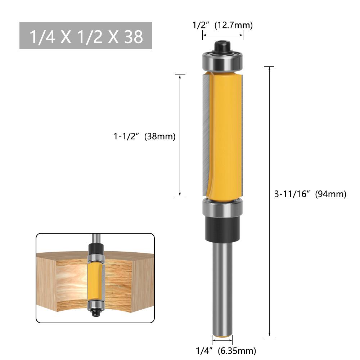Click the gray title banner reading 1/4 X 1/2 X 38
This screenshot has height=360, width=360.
[86, 36]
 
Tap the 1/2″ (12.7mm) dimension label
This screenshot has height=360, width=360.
[222, 25]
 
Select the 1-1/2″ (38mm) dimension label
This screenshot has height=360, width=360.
[145, 136]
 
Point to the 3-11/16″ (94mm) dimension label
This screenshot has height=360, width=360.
[310, 194]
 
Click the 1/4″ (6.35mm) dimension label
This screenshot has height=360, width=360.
[226, 351]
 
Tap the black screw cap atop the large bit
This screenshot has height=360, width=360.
[222, 47]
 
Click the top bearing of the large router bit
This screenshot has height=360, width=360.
[222, 61]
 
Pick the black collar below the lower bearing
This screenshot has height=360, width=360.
[222, 229]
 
